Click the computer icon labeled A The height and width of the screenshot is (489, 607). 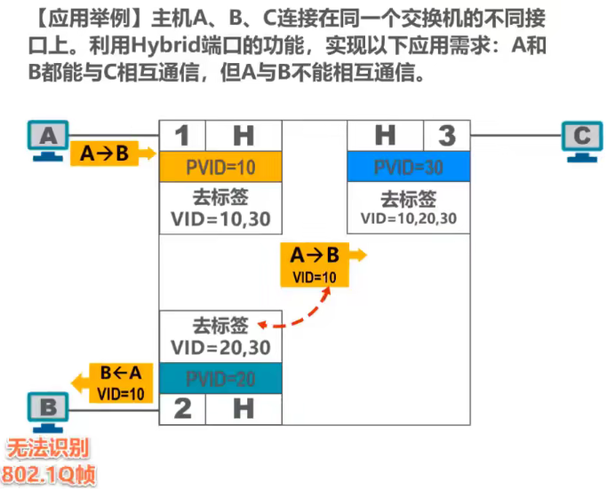point(50,139)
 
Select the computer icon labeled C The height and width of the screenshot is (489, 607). point(581,140)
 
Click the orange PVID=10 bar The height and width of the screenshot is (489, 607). point(220,167)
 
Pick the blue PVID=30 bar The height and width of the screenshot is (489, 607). point(408,167)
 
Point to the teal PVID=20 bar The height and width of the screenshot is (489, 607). point(220,379)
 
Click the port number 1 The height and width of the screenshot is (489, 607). point(182,136)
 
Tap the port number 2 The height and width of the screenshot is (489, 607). point(182,408)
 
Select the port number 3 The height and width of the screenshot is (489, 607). point(447,136)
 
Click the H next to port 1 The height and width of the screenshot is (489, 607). point(243,136)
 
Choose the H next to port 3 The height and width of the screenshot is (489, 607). point(384,136)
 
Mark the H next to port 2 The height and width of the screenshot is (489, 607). point(243,408)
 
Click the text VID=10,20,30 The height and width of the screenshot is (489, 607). point(408,218)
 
